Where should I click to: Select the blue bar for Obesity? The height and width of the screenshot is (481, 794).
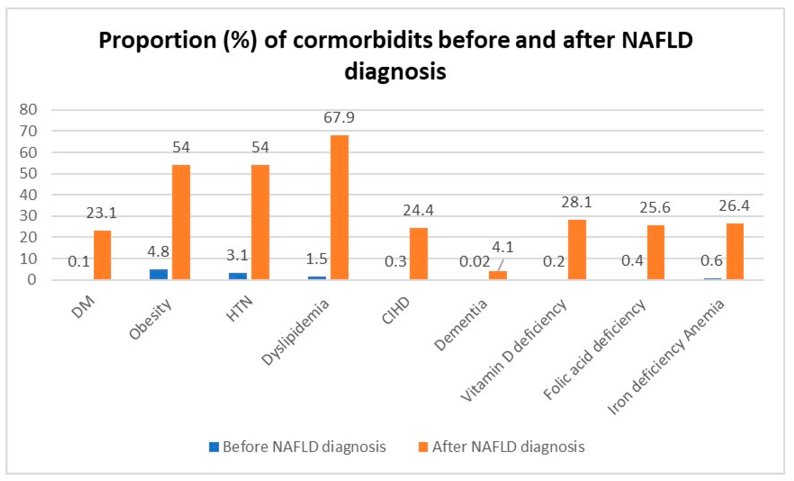(159, 274)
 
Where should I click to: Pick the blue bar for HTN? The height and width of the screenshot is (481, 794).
(238, 276)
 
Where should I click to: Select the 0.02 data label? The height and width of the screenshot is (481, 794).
(474, 261)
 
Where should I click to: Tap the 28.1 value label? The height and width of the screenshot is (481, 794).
(576, 202)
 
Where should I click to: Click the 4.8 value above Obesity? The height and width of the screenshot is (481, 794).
(158, 251)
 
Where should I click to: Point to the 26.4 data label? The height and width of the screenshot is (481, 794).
(734, 206)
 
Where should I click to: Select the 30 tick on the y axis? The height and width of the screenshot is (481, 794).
(28, 216)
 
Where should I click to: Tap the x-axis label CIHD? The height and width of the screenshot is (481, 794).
(395, 310)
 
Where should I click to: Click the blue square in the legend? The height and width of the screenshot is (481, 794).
(214, 447)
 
